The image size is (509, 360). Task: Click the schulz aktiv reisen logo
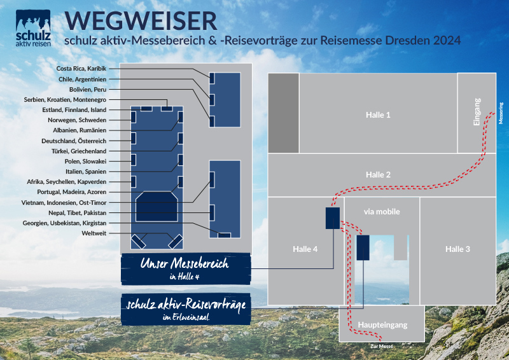33,28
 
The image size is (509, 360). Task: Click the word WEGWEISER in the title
141,21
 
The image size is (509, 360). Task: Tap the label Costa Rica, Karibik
81,69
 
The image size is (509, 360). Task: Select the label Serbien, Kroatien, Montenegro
65,100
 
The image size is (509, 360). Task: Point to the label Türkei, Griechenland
79,151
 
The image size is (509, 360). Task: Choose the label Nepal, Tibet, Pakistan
77,213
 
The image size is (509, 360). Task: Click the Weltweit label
94,233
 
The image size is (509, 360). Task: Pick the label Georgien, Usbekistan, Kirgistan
64,223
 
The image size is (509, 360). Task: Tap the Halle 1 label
378,114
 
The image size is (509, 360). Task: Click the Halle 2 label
378,175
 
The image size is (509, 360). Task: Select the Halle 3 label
457,249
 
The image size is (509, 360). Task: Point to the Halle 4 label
305,249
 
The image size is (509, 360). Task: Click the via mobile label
382,212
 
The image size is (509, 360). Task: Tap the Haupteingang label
382,325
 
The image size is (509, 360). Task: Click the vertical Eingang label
477,112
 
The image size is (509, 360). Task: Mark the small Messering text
501,113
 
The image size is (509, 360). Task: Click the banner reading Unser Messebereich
186,269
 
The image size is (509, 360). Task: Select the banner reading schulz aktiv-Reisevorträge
186,309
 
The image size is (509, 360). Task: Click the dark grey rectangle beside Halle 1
283,113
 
